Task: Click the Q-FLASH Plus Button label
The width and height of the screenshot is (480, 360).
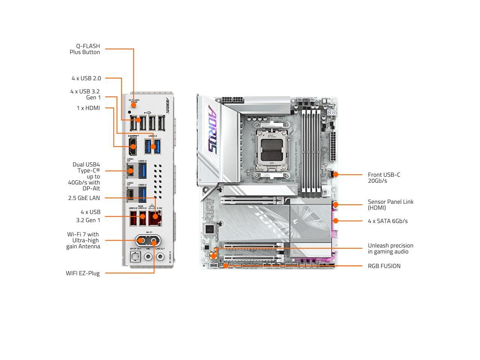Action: [x=85, y=49]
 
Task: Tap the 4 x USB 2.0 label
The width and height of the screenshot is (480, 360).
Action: [x=86, y=78]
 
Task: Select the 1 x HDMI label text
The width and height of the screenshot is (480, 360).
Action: [x=88, y=108]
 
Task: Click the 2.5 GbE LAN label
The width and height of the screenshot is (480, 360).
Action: [x=84, y=198]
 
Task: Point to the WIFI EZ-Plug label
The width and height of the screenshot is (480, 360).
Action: [x=83, y=273]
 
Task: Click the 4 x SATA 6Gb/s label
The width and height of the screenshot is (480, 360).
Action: [x=388, y=221]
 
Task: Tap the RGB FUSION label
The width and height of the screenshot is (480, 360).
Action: [x=384, y=266]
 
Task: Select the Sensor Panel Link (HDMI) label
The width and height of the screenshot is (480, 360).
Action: [x=390, y=205]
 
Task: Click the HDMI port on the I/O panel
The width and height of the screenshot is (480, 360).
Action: [x=132, y=147]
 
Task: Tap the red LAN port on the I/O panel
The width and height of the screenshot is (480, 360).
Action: [x=155, y=218]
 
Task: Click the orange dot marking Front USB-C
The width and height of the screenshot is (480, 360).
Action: [x=336, y=174]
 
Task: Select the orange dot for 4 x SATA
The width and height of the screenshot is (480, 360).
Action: [x=336, y=221]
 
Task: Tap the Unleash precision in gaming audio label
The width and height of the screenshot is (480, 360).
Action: [x=390, y=249]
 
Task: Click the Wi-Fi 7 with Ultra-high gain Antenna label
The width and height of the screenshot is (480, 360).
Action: [x=83, y=240]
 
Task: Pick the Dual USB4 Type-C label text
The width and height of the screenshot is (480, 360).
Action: [x=84, y=177]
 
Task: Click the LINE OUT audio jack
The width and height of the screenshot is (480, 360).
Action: [x=160, y=256]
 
